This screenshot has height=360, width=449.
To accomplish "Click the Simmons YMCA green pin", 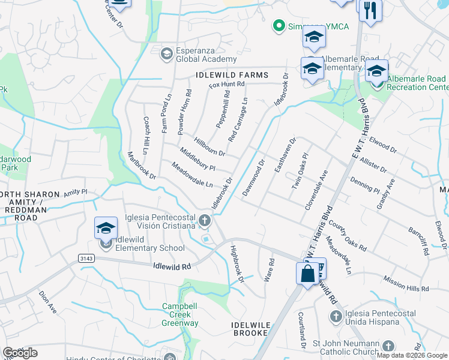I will pos(278,25).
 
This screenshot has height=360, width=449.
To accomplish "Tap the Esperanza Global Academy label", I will pos(197,55).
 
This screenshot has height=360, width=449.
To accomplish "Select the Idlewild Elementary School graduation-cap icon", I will pos(106,229).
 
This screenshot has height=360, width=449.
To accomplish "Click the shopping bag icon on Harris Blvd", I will pos(307,273).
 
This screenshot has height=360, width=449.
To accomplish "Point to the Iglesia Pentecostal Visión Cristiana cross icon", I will pos(205,220).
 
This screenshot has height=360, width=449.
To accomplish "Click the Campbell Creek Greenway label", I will pos(180,314).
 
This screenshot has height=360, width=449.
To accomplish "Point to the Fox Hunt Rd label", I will pos(227,85).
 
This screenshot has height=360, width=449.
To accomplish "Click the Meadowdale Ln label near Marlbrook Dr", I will pos(192,175).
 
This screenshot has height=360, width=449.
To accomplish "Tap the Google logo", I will pos(20,353).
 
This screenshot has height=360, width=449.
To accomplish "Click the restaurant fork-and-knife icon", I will pos(370,10).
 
